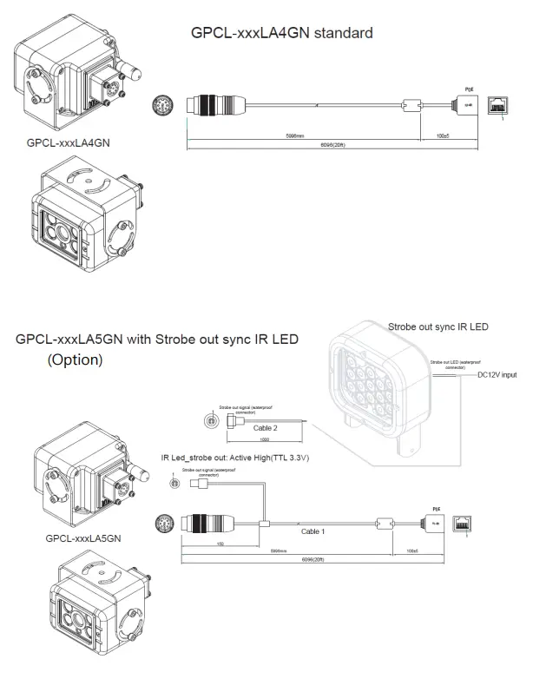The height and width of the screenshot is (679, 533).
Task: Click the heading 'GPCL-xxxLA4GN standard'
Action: point(281,33)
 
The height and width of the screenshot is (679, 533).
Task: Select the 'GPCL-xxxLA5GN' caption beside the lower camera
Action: point(83,538)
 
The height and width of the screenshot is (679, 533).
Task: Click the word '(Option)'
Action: point(75,359)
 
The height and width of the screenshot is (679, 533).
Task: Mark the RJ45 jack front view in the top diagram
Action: point(500,104)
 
